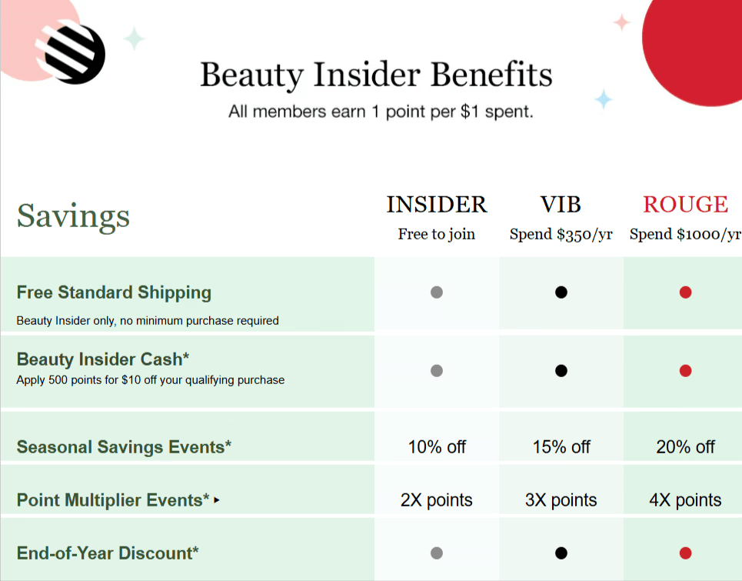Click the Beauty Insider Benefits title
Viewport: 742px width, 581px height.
(376, 75)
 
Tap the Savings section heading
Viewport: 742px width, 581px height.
(73, 216)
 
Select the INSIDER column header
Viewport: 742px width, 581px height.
(436, 205)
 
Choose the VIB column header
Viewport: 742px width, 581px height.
(561, 205)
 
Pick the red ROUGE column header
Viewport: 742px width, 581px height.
(685, 205)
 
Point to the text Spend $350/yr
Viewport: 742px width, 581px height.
(561, 234)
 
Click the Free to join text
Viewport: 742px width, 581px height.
(436, 234)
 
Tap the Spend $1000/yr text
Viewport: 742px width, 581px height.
(685, 234)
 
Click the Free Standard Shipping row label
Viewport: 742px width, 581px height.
(114, 292)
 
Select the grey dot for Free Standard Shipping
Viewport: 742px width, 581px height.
(437, 292)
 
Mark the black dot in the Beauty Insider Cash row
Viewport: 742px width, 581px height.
(561, 371)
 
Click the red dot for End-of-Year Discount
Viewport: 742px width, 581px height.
(685, 553)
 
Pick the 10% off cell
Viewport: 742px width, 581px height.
(437, 447)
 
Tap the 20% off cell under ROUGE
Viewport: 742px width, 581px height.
(685, 447)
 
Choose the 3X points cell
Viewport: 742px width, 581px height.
(561, 500)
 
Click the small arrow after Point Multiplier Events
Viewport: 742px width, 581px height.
(217, 500)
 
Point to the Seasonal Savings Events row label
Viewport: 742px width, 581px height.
(124, 447)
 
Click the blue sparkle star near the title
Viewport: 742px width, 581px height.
(604, 99)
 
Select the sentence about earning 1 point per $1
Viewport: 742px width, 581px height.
(381, 112)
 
